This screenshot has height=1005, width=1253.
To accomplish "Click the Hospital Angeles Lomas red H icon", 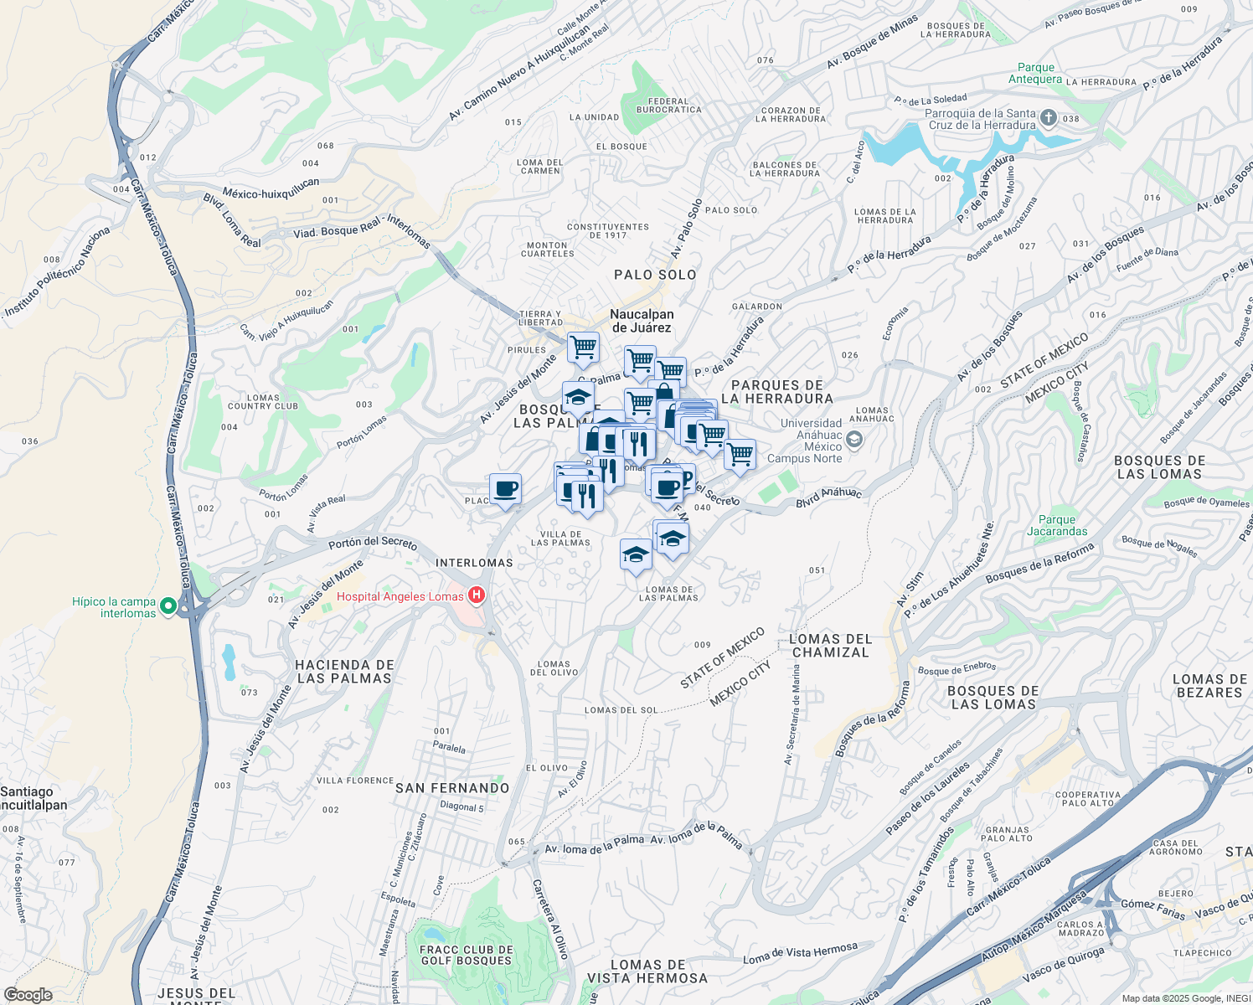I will [x=477, y=595].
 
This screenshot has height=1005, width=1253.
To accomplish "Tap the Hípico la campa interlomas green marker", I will [x=168, y=606].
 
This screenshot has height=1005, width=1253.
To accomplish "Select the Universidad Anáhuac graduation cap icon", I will [x=853, y=438].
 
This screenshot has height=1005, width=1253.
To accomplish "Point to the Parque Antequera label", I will [x=1035, y=74].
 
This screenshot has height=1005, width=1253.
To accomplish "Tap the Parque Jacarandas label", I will [x=1057, y=525].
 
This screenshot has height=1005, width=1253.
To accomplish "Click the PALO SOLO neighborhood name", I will [x=655, y=275].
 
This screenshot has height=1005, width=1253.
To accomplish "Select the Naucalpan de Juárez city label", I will [x=642, y=321].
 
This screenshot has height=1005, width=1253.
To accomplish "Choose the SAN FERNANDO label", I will [x=452, y=788].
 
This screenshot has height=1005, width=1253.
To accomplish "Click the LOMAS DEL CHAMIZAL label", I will [x=831, y=646].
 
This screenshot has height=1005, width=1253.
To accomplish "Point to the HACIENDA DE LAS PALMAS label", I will [x=344, y=672].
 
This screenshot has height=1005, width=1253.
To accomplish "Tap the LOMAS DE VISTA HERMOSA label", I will [x=647, y=971].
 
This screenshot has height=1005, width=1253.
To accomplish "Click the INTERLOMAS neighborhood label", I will [x=474, y=563].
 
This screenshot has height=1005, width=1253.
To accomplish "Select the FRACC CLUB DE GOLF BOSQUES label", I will [x=467, y=956].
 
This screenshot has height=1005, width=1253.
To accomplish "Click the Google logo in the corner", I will [x=28, y=995].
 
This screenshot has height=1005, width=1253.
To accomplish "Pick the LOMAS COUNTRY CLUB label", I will [x=263, y=402].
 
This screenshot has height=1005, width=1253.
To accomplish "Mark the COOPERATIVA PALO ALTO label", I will [x=1088, y=799].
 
